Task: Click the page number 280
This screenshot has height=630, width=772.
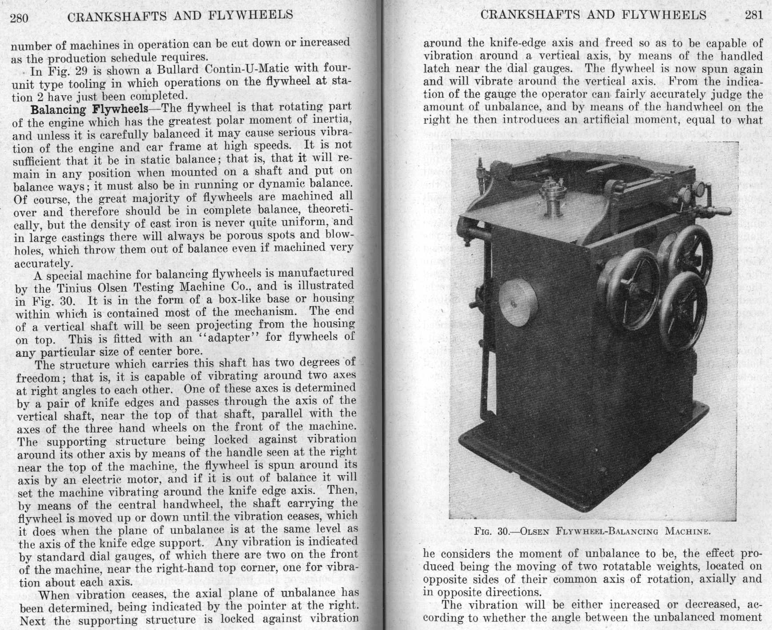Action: tap(19, 18)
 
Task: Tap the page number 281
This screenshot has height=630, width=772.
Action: tap(754, 15)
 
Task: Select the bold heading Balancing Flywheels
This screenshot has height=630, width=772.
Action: tap(89, 109)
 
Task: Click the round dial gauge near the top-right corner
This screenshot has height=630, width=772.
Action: tap(700, 188)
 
